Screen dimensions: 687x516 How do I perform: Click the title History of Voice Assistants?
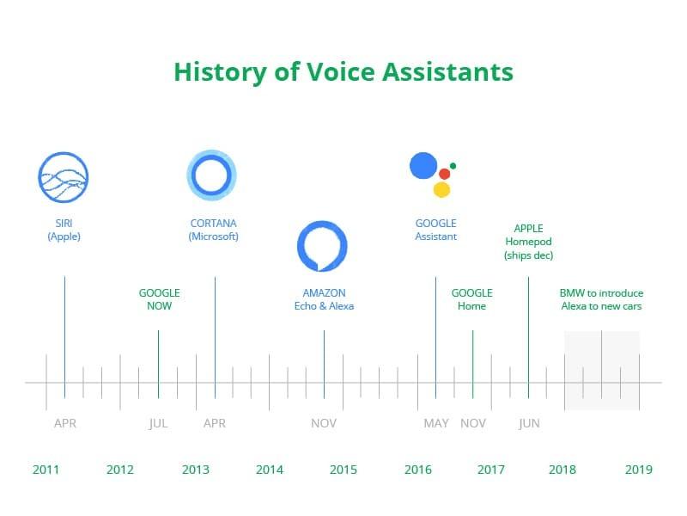(x=343, y=72)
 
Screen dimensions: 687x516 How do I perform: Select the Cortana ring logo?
(x=211, y=151)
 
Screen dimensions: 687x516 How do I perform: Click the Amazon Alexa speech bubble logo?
(x=322, y=222)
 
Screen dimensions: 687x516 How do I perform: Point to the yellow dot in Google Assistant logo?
(x=441, y=189)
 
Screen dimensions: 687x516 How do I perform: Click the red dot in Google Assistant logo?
(x=444, y=174)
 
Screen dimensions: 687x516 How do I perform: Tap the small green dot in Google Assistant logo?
(x=453, y=166)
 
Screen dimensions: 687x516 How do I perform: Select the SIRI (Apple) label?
(x=64, y=230)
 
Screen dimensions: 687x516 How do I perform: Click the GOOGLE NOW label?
(x=159, y=299)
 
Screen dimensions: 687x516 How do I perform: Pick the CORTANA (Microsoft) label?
(x=213, y=230)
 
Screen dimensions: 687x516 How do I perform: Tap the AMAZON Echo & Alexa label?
(x=324, y=299)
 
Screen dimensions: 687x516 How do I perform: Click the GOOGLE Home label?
(x=471, y=299)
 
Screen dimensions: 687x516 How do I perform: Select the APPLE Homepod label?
(x=528, y=242)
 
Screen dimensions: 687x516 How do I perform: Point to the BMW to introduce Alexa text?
(x=601, y=299)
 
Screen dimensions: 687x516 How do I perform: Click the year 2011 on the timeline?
(x=46, y=470)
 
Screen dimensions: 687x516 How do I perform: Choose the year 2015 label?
(x=343, y=470)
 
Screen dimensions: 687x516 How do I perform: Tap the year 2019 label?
(x=638, y=470)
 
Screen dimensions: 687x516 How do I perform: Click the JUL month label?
(x=158, y=423)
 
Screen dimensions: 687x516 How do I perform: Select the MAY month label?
(x=436, y=423)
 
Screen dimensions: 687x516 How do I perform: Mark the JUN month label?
(x=529, y=423)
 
